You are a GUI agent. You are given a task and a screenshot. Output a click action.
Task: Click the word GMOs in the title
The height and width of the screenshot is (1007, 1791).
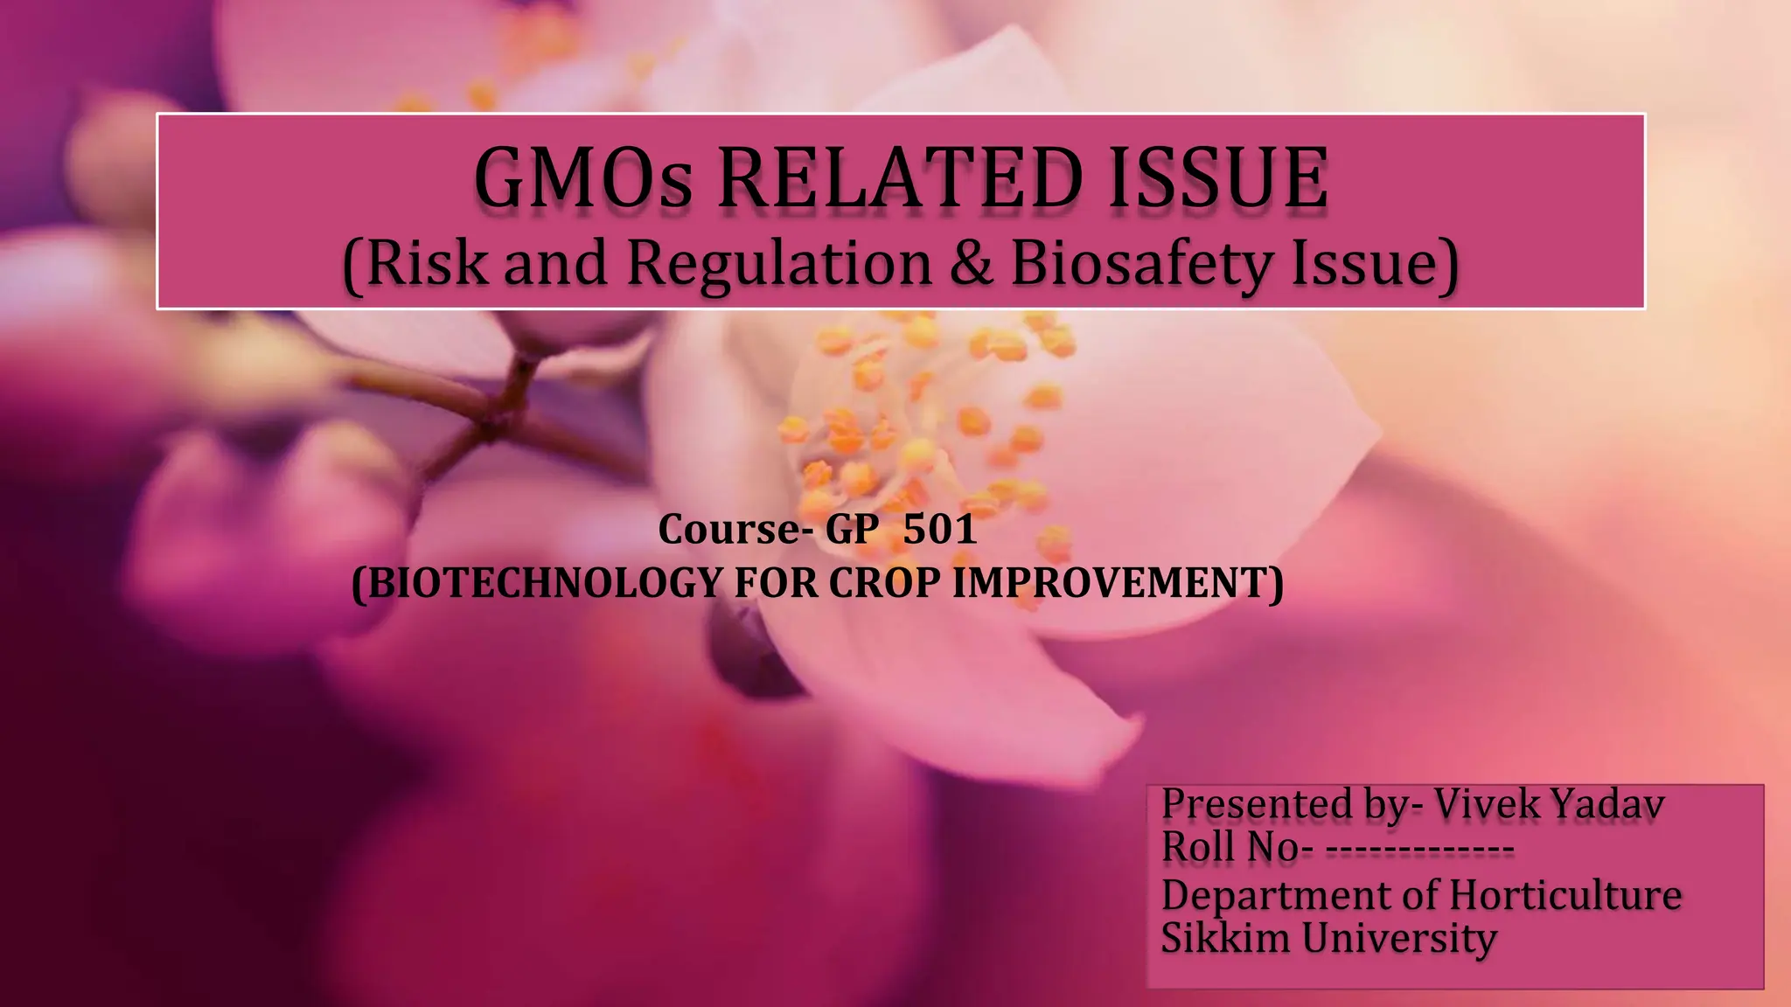[582, 178]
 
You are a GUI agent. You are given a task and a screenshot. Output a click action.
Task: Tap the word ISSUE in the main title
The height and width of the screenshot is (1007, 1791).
[1217, 178]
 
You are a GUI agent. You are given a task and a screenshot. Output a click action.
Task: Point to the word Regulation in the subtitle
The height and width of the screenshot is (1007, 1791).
[780, 264]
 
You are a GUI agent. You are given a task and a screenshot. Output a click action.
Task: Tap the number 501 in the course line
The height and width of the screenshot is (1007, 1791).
[939, 529]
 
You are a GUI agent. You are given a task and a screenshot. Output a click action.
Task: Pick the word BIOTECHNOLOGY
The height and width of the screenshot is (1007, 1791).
[542, 582]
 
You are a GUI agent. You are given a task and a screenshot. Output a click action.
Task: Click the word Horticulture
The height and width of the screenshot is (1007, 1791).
[1565, 894]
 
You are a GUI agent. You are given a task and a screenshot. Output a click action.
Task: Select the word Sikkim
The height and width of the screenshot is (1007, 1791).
[1226, 938]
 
